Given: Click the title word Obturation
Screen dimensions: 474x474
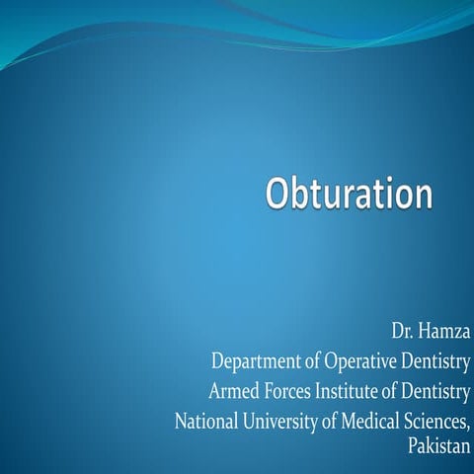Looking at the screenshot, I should point(349,193).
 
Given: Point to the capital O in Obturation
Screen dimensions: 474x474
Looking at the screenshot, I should point(277,193).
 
